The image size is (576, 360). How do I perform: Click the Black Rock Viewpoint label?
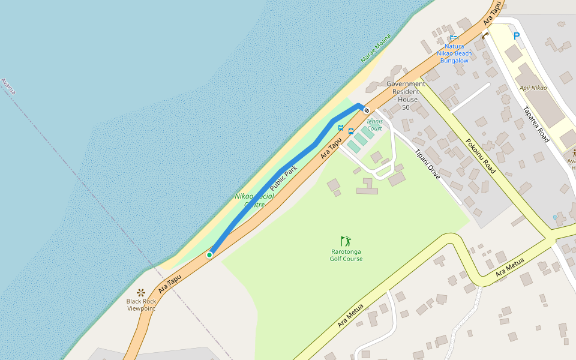tap(141, 305)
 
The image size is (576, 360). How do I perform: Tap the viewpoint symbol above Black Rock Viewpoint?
tap(141, 292)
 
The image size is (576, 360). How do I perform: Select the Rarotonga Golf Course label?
tap(346, 256)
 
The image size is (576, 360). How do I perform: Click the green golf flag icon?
tap(346, 241)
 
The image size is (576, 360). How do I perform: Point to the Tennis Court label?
tap(374, 125)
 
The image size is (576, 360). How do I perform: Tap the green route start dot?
tap(209, 255)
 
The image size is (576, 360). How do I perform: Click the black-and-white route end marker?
tap(366, 110)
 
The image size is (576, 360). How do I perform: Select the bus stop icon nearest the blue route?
tap(341, 128)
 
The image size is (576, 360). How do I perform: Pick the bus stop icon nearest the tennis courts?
tap(351, 131)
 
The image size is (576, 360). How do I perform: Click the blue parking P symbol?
tap(517, 36)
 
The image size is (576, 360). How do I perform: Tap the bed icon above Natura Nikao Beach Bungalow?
tap(454, 37)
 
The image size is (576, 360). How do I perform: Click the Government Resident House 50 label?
tap(406, 95)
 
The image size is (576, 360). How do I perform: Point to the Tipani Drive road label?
tap(428, 164)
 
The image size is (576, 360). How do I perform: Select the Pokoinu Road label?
tap(481, 156)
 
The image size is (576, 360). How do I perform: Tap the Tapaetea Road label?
tap(536, 124)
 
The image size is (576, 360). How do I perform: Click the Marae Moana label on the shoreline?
tap(376, 49)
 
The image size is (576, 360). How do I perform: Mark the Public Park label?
tap(283, 178)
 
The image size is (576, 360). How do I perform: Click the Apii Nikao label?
tap(533, 88)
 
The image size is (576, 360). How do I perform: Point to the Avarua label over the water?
tap(8, 86)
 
